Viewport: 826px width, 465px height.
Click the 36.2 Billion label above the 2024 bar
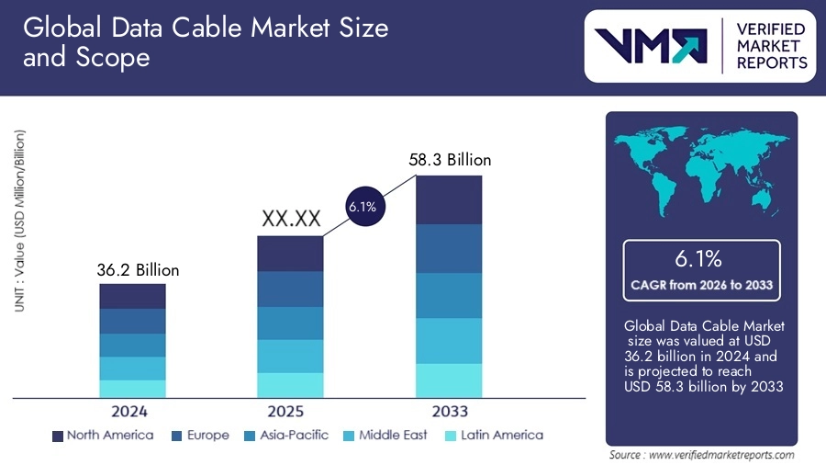click(138, 270)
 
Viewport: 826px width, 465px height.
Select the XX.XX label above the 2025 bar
click(290, 219)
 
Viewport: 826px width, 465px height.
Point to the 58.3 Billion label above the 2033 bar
click(450, 160)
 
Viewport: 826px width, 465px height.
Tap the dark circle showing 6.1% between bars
click(362, 207)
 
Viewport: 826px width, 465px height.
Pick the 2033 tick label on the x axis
click(450, 411)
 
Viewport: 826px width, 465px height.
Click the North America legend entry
click(102, 435)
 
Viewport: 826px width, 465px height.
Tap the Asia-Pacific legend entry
click(285, 435)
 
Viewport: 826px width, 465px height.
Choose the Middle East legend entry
click(385, 435)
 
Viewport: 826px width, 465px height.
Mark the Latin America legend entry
click(492, 435)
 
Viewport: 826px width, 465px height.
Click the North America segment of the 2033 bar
click(449, 199)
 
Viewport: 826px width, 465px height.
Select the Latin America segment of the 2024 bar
click(132, 389)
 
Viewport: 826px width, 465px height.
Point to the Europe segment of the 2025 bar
click(290, 289)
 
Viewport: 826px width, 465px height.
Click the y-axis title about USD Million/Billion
click(19, 221)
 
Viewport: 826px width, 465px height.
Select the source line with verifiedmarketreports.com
click(701, 455)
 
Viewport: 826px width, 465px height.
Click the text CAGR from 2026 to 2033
click(701, 285)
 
